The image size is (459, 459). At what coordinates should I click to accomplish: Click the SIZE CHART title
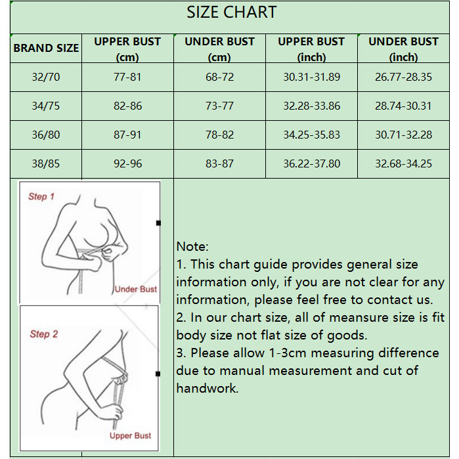[x=232, y=12]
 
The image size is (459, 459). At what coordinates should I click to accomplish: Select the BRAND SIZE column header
[x=46, y=48]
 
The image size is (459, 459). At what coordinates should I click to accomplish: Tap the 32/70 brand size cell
[x=46, y=77]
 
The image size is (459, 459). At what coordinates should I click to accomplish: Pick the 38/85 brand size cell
[x=46, y=164]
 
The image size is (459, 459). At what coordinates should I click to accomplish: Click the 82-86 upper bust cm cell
[x=127, y=106]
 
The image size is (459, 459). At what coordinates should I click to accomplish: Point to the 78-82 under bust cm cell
[x=219, y=135]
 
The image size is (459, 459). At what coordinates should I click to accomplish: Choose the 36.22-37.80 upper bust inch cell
[x=311, y=164]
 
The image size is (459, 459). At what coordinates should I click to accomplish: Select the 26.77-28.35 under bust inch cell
[x=403, y=77]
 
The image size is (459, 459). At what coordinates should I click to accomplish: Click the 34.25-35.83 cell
[x=311, y=135]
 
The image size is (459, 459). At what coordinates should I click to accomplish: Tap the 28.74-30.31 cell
[x=403, y=106]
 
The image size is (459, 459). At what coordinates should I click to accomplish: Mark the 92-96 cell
[x=127, y=164]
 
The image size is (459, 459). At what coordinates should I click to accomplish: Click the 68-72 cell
[x=219, y=77]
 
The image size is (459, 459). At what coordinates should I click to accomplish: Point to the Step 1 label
[x=41, y=196]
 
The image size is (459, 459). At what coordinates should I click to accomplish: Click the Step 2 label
[x=43, y=334]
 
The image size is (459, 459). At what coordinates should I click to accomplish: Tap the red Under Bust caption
[x=136, y=289]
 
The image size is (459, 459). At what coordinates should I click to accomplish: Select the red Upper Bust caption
[x=130, y=435]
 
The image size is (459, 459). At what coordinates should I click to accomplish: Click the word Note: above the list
[x=192, y=246]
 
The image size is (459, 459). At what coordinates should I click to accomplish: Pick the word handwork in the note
[x=208, y=388]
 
